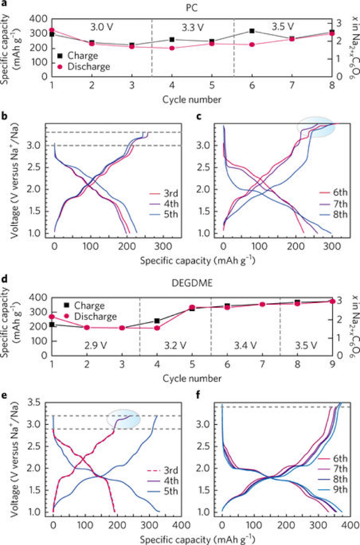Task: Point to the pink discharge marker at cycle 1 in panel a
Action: point(52,30)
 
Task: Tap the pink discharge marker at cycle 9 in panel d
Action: point(332,301)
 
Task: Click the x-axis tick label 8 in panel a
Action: point(332,84)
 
